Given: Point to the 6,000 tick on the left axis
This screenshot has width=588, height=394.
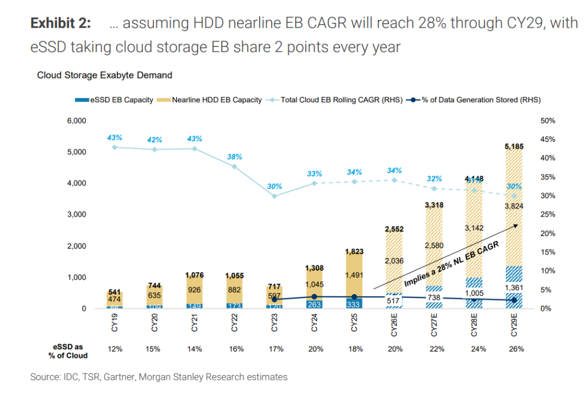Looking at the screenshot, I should (75, 121).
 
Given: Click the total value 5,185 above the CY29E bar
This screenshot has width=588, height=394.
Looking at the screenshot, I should (513, 146).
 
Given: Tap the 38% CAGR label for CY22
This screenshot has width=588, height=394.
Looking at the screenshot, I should (234, 156).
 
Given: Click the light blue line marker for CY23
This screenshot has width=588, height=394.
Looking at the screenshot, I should (274, 196).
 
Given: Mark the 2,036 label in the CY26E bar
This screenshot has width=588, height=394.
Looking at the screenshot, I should (394, 260).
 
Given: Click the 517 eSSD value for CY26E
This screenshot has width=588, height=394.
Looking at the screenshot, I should (394, 300).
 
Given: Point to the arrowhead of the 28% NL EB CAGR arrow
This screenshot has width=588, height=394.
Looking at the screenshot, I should (515, 226).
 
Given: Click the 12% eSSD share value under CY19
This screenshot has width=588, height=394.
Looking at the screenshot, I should (114, 349).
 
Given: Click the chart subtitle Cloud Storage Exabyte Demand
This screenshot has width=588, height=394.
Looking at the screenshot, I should (105, 75).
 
